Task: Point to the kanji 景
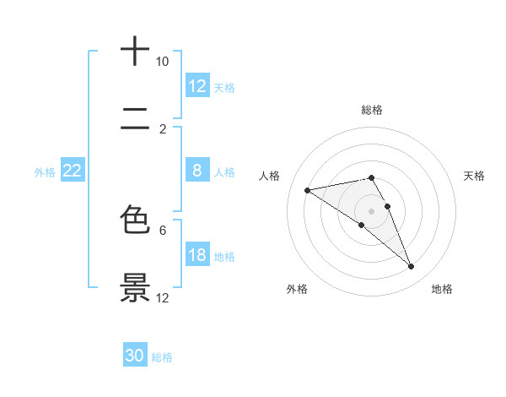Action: [x=136, y=287]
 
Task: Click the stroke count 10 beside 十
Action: [x=162, y=62]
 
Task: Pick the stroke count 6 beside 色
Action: [x=163, y=229]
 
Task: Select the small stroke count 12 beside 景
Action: [x=163, y=297]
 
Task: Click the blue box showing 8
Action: [x=197, y=171]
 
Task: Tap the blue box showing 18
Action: [x=197, y=255]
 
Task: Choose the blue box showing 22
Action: [x=72, y=171]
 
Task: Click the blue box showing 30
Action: [x=135, y=356]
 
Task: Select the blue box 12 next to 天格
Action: [x=197, y=86]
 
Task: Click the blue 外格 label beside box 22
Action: [x=45, y=172]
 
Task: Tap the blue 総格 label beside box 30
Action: [x=162, y=357]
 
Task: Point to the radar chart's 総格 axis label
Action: [x=372, y=110]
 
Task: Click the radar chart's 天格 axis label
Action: [x=474, y=176]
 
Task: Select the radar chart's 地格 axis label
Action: [x=442, y=289]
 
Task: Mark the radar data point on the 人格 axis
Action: [x=308, y=190]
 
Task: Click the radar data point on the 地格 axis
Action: [x=412, y=267]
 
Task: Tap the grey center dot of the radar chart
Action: [x=372, y=210]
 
